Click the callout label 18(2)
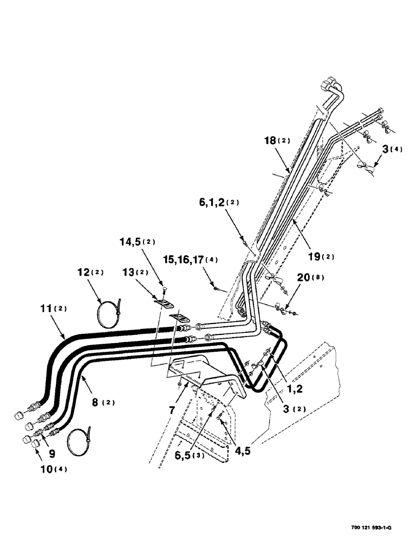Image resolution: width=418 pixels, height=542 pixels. (277, 141)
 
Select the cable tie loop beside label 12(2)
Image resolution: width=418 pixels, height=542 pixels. (110, 314)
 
